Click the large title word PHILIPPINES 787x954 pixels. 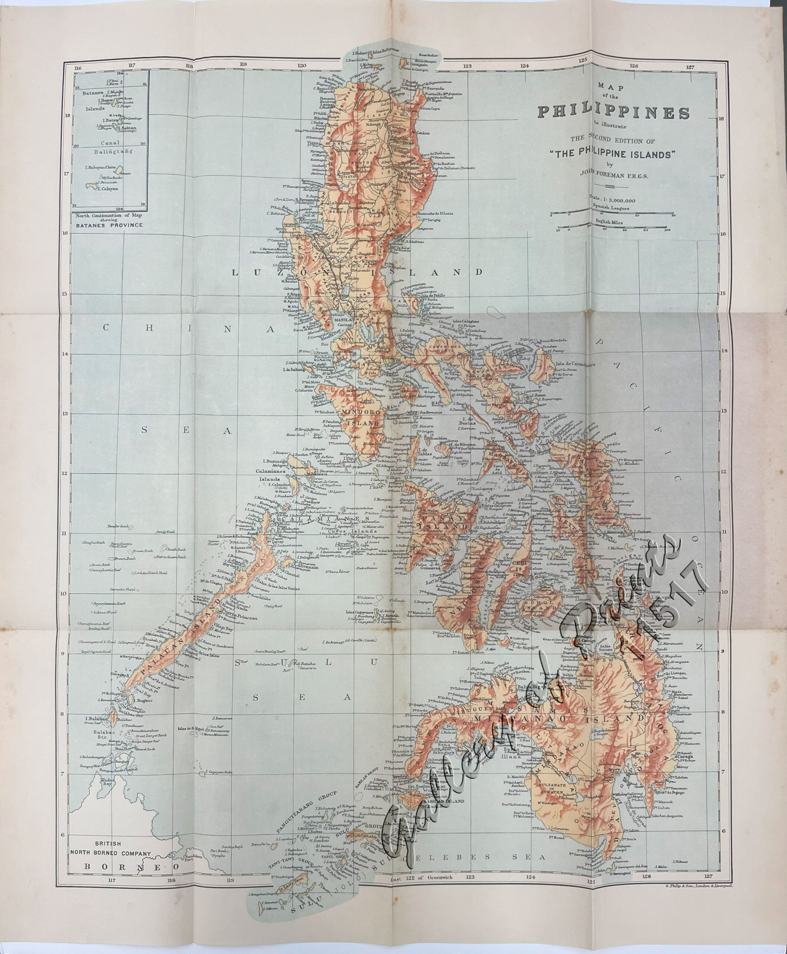(613, 113)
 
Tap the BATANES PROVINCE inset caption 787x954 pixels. (109, 225)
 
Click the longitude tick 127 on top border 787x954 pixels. (690, 67)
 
